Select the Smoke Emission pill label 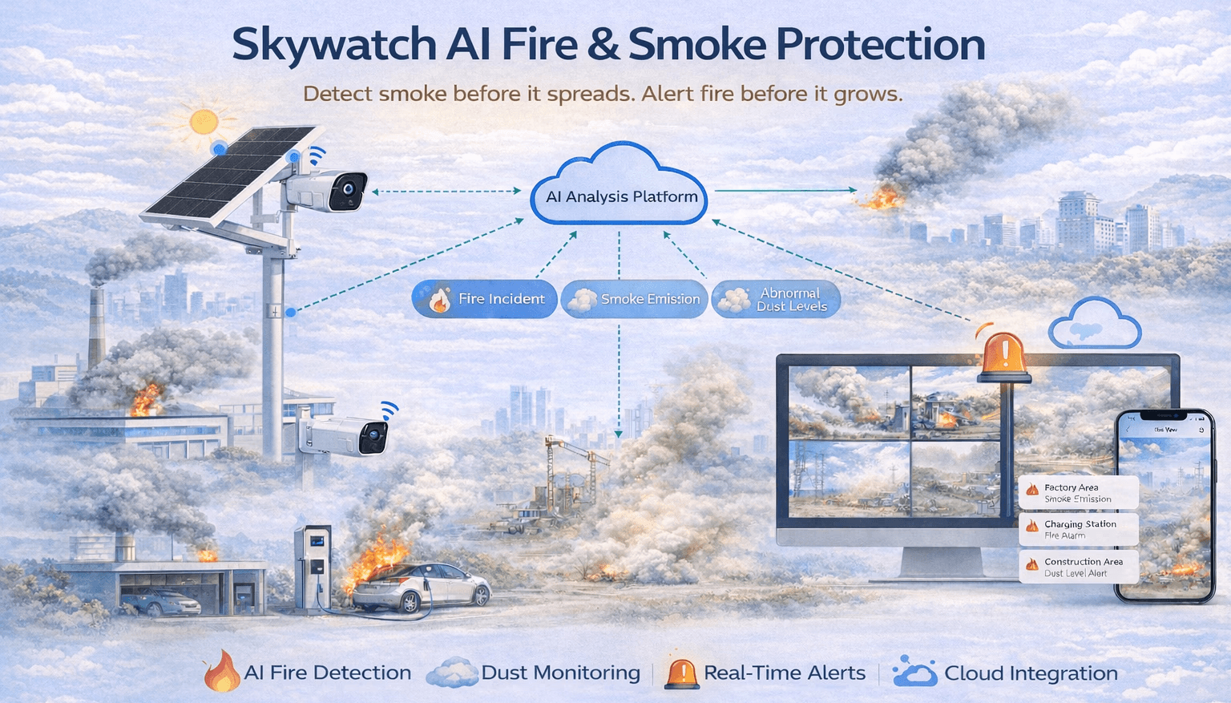pos(634,299)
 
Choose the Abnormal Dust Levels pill pos(775,299)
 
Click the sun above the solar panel pos(204,122)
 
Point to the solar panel pos(228,175)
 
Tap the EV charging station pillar pos(313,565)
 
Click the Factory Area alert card pos(1078,493)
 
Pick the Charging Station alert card pos(1078,529)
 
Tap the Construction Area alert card pos(1078,567)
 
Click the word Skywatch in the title pos(333,45)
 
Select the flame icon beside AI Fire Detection pos(221,672)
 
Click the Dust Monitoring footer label pos(560,673)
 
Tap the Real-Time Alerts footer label pos(784,673)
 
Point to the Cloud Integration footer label pos(1031,673)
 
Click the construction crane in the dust pos(561,469)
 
